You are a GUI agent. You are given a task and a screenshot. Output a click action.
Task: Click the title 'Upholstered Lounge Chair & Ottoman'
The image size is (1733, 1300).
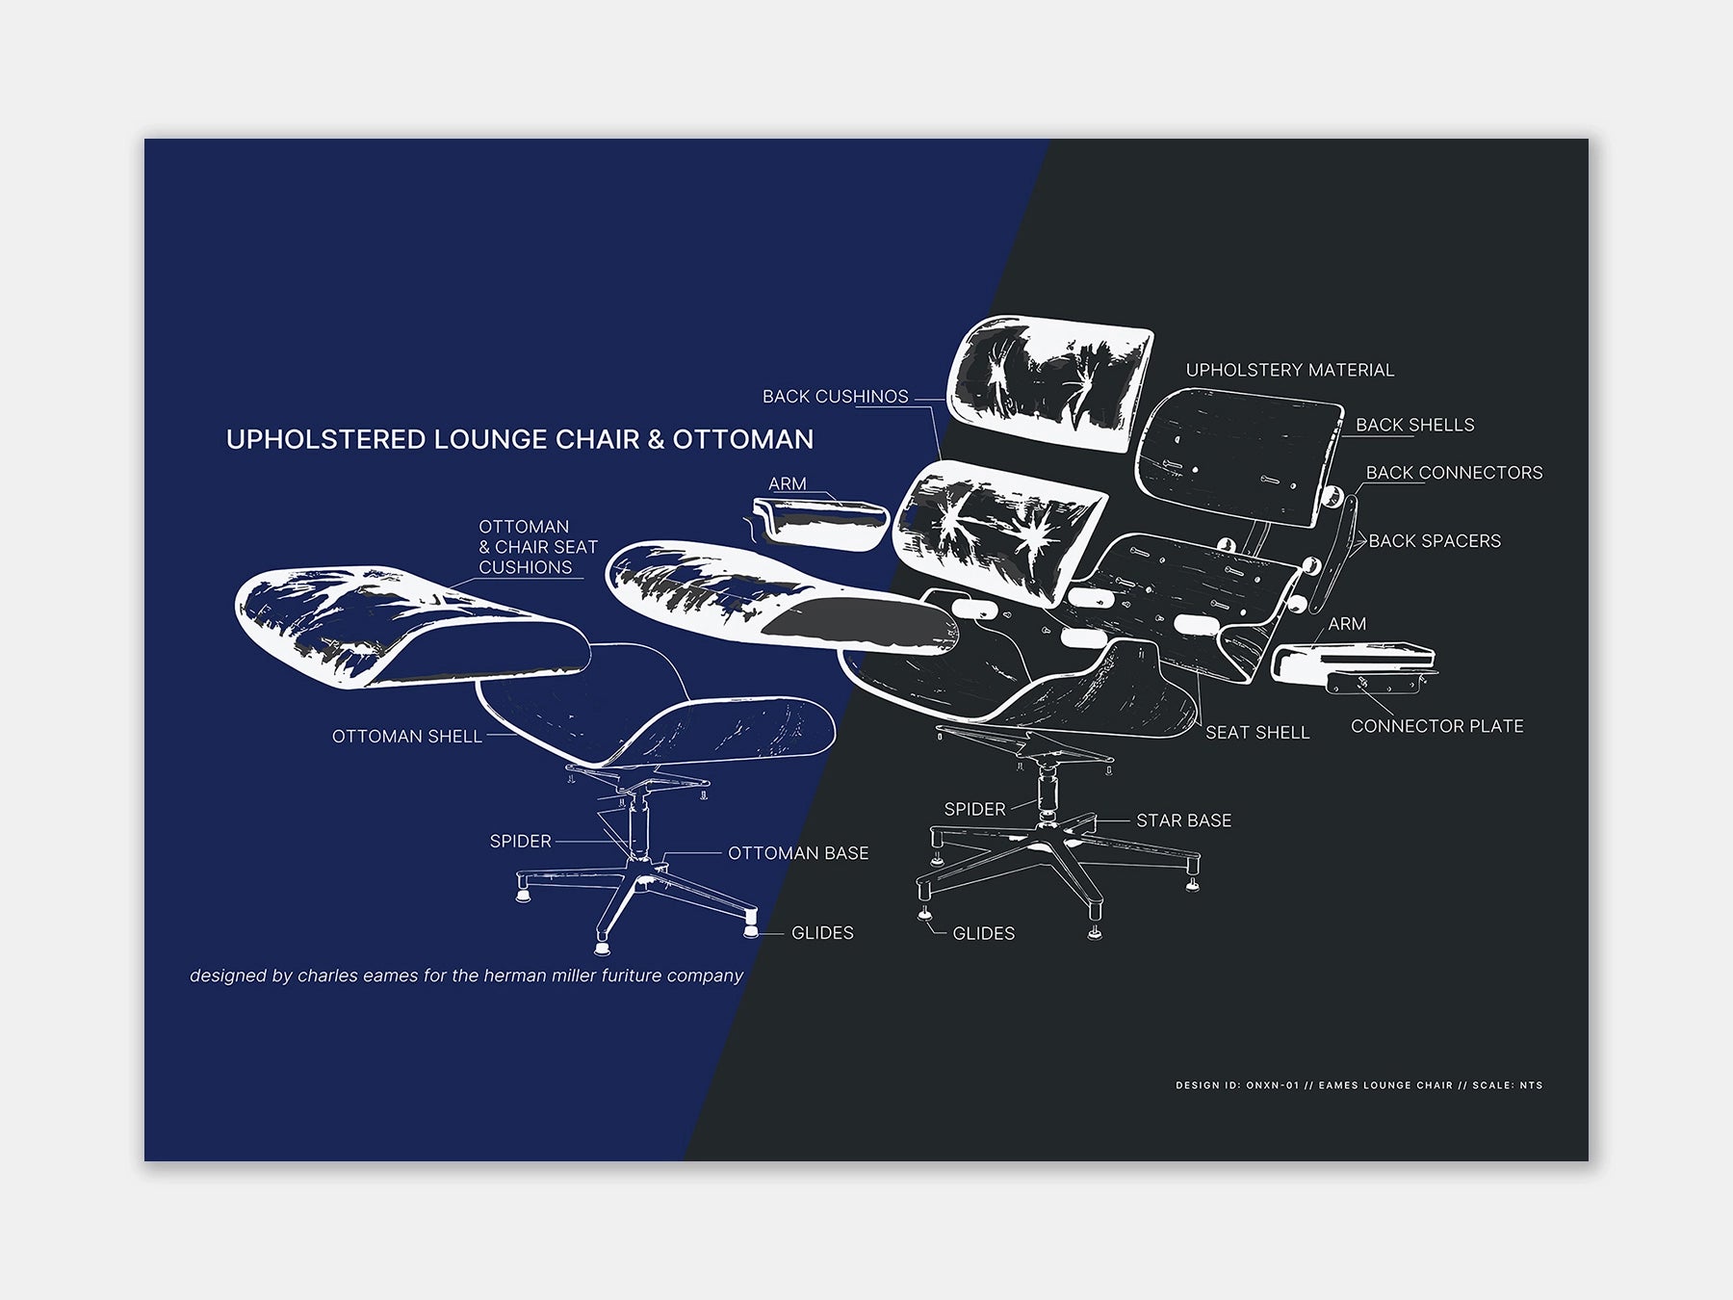click(520, 440)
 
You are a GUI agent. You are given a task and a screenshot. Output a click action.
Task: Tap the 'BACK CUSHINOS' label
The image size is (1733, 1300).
click(836, 397)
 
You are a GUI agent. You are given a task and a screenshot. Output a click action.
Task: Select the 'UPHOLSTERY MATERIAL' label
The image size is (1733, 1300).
click(1290, 370)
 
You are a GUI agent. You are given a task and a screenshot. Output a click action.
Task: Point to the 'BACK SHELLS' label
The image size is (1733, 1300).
click(1415, 425)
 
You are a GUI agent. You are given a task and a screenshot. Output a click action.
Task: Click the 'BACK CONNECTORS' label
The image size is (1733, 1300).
click(1455, 473)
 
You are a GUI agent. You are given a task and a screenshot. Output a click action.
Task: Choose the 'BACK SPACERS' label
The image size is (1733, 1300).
click(1435, 541)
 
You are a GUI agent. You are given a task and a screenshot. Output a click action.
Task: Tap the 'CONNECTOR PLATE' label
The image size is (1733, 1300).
click(1437, 726)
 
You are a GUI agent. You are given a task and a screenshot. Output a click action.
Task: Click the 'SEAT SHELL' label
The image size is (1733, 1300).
click(1257, 733)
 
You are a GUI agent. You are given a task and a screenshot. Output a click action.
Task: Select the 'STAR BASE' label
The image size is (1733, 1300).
click(1184, 820)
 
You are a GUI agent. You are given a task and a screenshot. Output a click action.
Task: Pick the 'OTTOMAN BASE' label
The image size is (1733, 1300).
click(798, 853)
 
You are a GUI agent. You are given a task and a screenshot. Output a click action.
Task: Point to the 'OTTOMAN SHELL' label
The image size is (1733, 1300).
click(407, 737)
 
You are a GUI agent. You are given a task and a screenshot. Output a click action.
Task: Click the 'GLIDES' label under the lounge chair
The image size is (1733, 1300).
click(984, 933)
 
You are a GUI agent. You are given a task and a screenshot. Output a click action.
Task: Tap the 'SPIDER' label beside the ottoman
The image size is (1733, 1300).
click(521, 842)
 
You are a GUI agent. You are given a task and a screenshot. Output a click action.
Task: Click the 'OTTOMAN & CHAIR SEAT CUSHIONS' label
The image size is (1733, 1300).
click(538, 547)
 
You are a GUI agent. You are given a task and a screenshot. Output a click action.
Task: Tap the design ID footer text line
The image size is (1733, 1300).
click(1358, 1085)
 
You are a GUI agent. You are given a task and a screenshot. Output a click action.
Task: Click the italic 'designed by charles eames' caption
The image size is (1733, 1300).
click(467, 975)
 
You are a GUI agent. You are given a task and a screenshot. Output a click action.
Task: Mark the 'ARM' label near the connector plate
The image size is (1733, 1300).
click(1347, 624)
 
